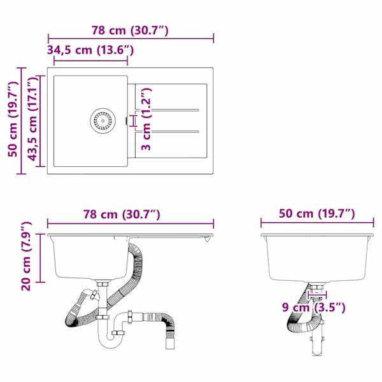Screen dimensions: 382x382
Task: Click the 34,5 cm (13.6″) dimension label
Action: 90,50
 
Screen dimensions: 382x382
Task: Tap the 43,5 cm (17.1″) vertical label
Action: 33,120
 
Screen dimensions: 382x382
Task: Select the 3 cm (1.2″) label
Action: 146,119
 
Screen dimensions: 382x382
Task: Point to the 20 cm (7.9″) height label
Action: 26,257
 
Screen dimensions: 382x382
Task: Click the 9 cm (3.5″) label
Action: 314,308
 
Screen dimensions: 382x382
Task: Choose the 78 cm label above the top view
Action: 130,31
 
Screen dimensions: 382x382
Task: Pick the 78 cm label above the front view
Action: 122,215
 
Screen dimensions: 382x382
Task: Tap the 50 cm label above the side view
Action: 316,214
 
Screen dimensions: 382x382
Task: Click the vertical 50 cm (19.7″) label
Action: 13,119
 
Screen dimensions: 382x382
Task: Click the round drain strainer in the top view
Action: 103,120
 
